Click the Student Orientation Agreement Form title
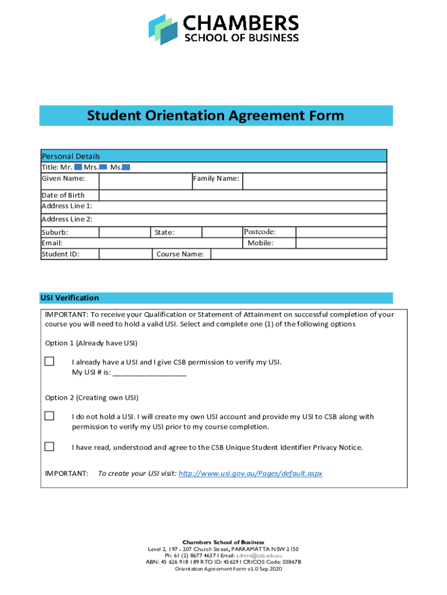tap(215, 116)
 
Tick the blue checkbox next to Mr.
tap(78, 167)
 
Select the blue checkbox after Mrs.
tap(103, 167)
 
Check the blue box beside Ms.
tap(126, 167)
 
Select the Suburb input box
tap(124, 232)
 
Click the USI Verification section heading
tap(70, 298)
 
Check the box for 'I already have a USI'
tap(50, 361)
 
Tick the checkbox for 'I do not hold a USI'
tap(50, 415)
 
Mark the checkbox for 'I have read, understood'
tap(50, 446)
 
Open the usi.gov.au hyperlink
tap(250, 474)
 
